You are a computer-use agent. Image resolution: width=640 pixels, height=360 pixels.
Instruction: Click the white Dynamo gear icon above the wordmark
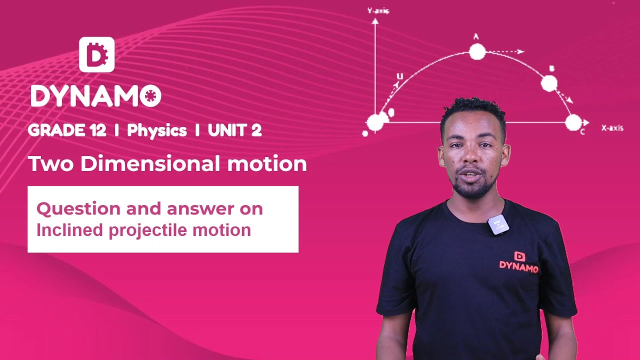click(x=96, y=54)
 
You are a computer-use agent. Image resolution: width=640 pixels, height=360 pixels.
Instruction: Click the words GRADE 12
click(x=67, y=130)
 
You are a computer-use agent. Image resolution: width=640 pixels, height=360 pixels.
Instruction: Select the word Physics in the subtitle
click(x=156, y=130)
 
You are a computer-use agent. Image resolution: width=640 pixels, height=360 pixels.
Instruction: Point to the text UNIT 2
click(x=234, y=130)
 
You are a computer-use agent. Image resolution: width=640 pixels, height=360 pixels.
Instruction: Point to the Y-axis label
click(x=378, y=10)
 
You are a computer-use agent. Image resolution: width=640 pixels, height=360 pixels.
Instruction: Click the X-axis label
click(x=612, y=128)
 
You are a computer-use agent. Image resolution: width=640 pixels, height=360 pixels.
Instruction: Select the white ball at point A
click(x=477, y=51)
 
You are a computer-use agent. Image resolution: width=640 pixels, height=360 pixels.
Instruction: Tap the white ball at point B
click(x=549, y=83)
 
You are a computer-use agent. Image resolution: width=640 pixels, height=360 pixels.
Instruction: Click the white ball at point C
click(x=573, y=122)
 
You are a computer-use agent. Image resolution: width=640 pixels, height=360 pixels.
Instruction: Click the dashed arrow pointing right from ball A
click(x=506, y=51)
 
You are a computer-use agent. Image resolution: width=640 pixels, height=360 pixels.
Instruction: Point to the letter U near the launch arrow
click(x=399, y=76)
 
